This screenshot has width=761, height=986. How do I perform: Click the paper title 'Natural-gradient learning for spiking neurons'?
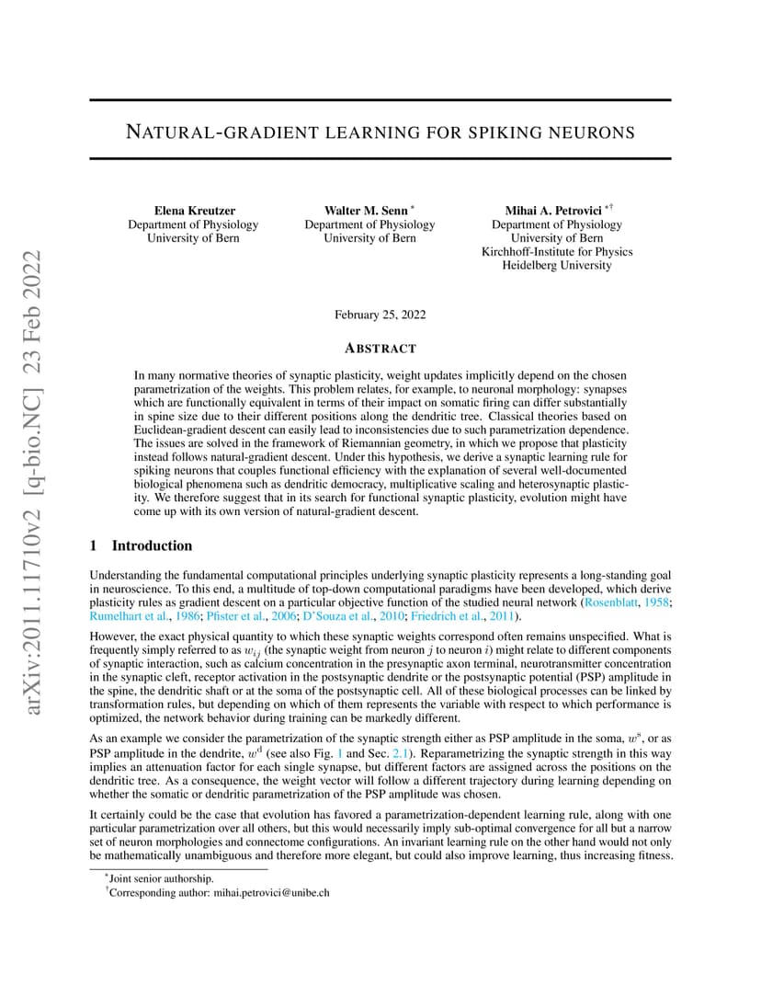point(380,132)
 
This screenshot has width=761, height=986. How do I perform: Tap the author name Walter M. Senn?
point(366,211)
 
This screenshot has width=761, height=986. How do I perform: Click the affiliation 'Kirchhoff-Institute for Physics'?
point(557,252)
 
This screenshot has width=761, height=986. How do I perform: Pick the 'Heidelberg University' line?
point(557,266)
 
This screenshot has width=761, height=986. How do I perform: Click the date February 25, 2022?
point(380,315)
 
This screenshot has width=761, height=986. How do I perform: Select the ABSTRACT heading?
point(380,349)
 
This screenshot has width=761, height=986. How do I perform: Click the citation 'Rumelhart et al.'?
point(127,616)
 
